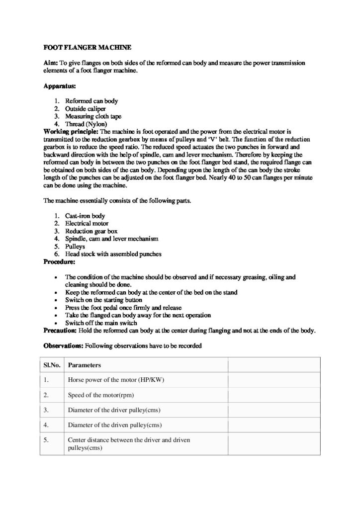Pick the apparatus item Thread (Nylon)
86,124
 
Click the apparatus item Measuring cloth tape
93,116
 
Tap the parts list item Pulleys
75,246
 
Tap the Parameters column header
85,365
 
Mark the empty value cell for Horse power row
273,380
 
